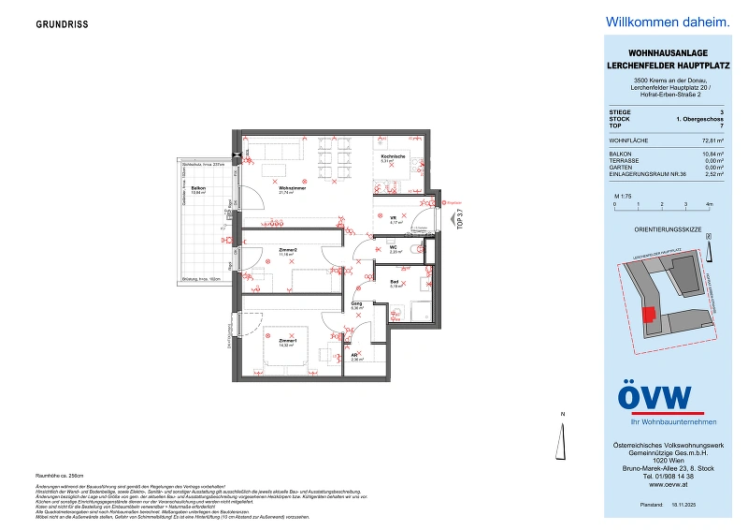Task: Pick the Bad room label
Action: point(396,283)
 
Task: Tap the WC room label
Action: point(395,248)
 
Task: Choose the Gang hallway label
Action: point(356,304)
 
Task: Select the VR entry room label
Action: point(395,218)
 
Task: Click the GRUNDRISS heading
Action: point(64,24)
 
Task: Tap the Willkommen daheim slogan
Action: point(654,22)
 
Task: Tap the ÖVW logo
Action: point(654,398)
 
